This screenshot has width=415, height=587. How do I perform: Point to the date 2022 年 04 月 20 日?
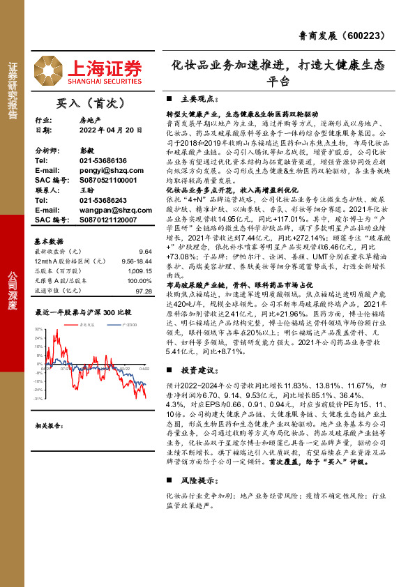pyautogui.click(x=105, y=130)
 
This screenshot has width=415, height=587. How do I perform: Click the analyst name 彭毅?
pyautogui.click(x=86, y=150)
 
